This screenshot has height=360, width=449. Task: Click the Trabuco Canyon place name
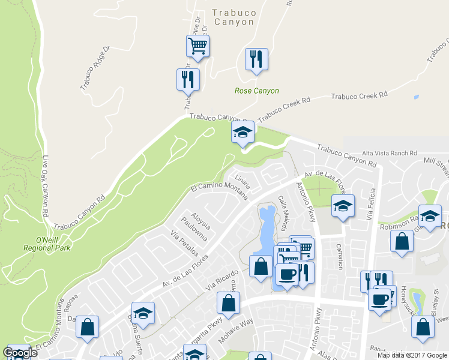coord(234,17)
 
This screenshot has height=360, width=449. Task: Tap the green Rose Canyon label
coord(256,91)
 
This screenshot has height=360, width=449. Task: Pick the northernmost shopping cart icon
coord(197,45)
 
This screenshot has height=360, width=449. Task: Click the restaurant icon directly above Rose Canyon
coord(256,59)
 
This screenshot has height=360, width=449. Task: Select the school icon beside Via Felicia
coord(343,206)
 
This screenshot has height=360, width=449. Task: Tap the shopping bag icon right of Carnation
coord(402,241)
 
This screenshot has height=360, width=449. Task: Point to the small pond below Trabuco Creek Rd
coord(416,97)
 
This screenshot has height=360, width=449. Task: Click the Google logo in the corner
coord(20,353)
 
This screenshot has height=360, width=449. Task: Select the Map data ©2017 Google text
coord(412,355)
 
